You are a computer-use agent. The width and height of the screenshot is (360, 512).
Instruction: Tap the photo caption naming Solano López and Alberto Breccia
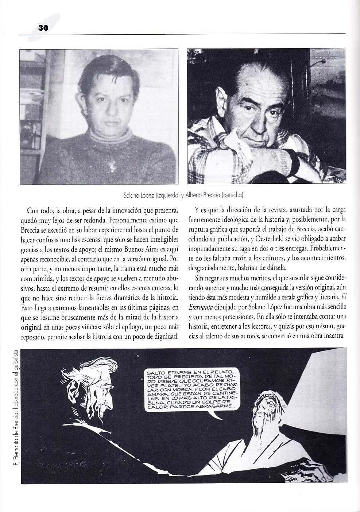[183, 195]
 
